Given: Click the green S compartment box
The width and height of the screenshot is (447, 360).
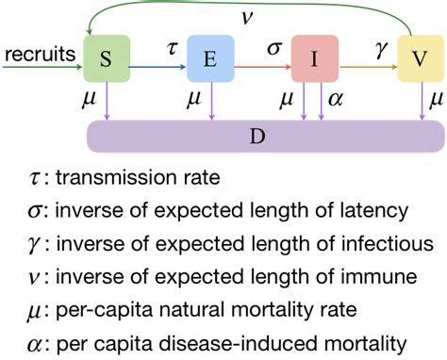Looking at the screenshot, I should coord(108,59).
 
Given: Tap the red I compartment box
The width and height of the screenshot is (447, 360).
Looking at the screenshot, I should coord(314,59).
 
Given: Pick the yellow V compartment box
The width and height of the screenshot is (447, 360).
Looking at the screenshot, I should coord(418,59).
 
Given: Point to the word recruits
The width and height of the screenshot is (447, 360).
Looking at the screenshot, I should coord(39,56).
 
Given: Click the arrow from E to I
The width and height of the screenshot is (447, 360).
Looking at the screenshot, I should coord(263,68).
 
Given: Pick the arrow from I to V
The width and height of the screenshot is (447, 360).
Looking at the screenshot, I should coord(367,68).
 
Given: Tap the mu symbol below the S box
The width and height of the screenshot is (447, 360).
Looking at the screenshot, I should coord(91,98).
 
